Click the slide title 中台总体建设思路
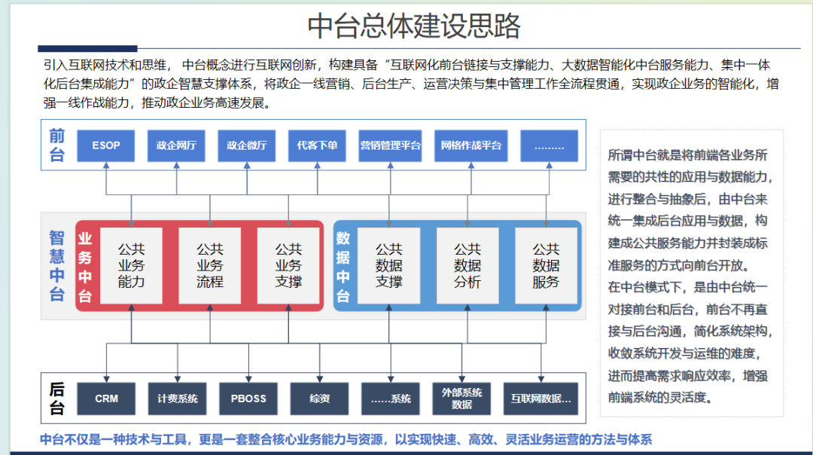coord(413,26)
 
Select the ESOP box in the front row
coord(106,145)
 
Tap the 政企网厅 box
coord(176,145)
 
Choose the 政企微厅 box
coord(247,145)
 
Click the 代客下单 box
coord(317,145)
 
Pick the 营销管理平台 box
coord(390,145)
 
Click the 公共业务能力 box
coord(132,265)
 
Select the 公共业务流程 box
coord(210,265)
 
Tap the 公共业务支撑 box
coord(288,265)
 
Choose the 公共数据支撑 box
coord(389,265)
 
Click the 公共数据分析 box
coord(467,265)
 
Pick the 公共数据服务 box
coord(546,265)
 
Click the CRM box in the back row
coord(107,399)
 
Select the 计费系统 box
coord(178,399)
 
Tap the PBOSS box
coord(248,399)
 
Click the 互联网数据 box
coord(540,399)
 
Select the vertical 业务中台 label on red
coord(86,265)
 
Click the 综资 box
coord(319,399)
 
